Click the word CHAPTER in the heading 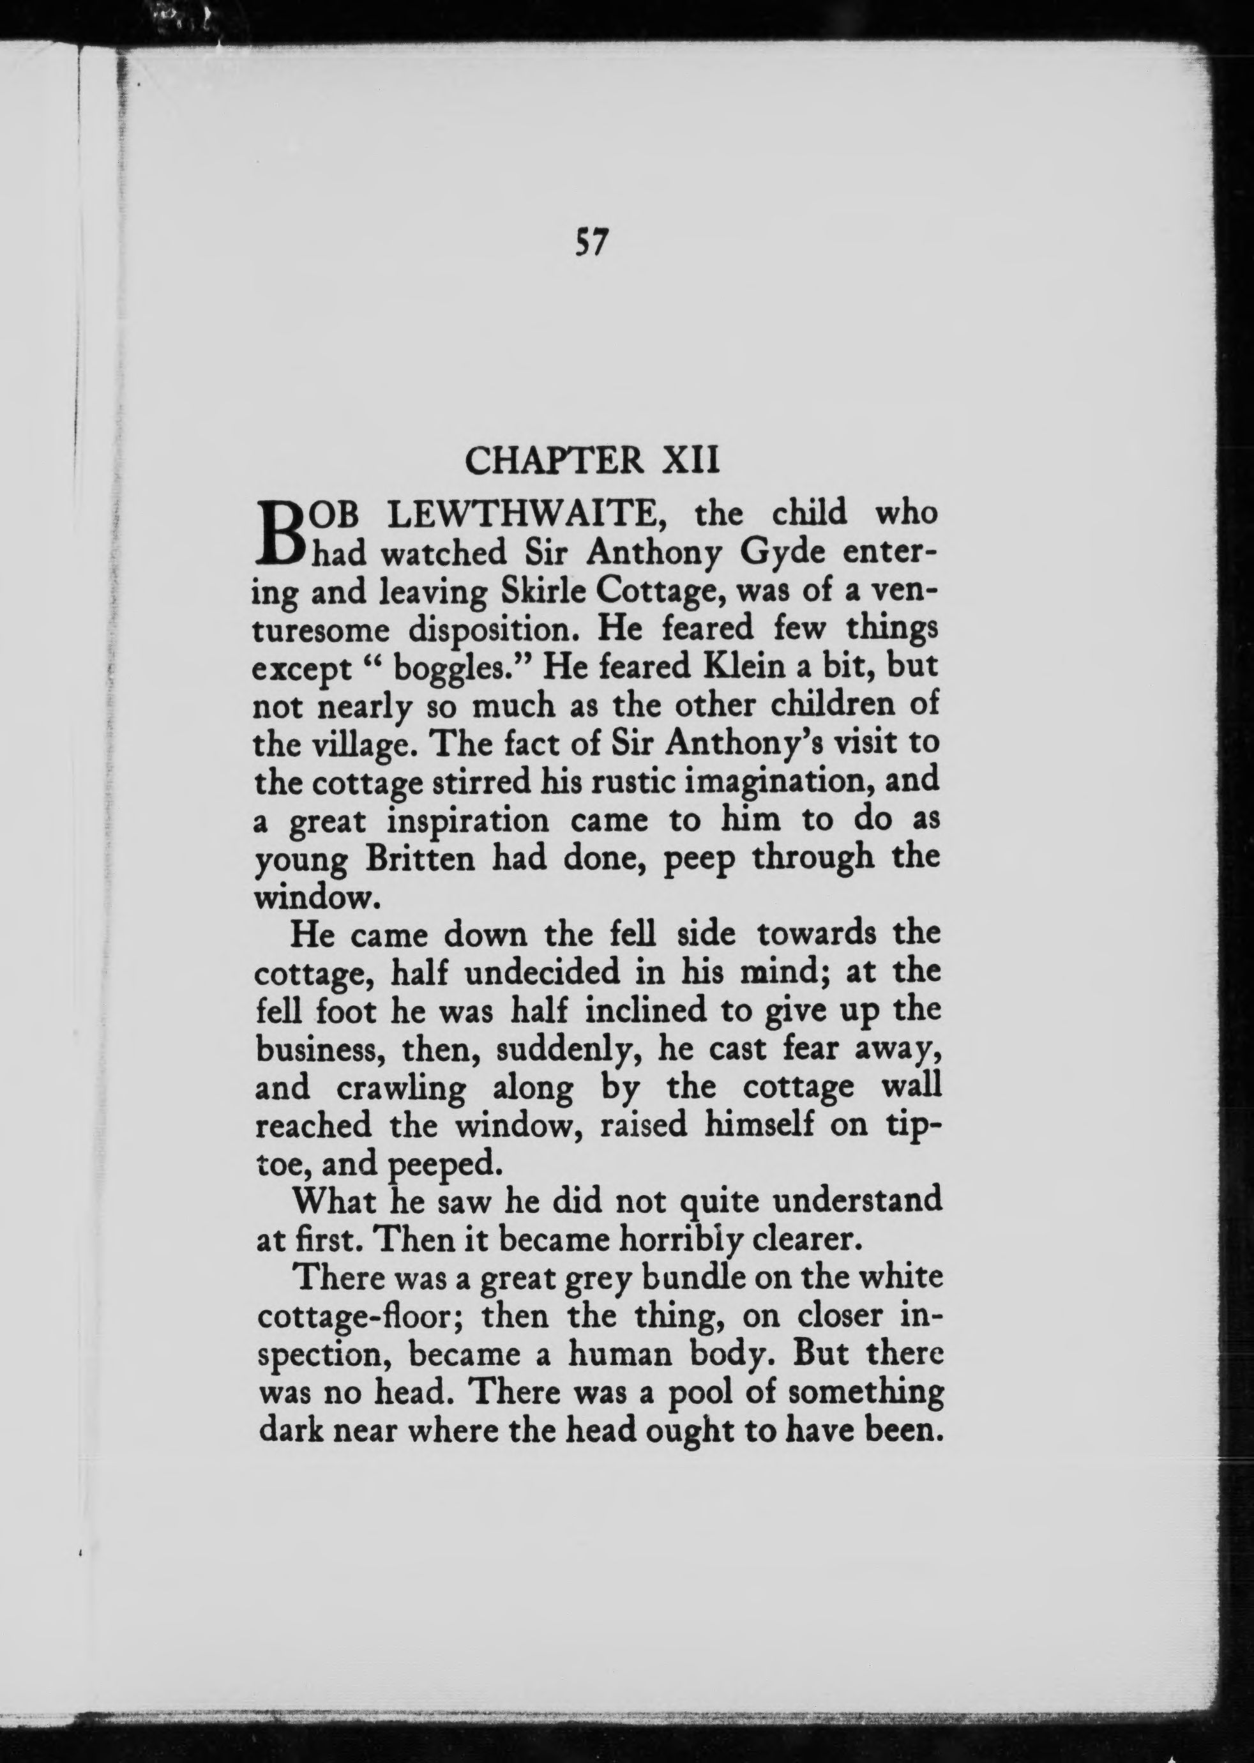[x=554, y=461]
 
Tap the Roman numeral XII [x=692, y=461]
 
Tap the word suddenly [x=569, y=1049]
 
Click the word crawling [x=402, y=1087]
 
